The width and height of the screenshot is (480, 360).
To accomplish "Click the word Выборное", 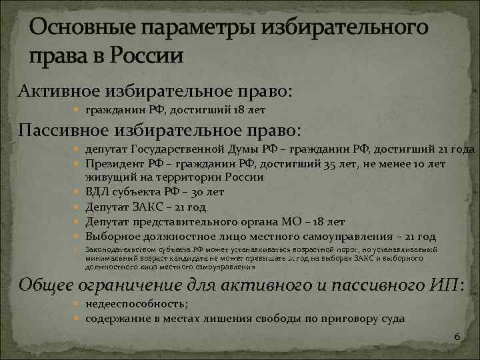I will click(x=109, y=236).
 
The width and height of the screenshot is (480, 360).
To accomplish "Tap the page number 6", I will click(x=457, y=337).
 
